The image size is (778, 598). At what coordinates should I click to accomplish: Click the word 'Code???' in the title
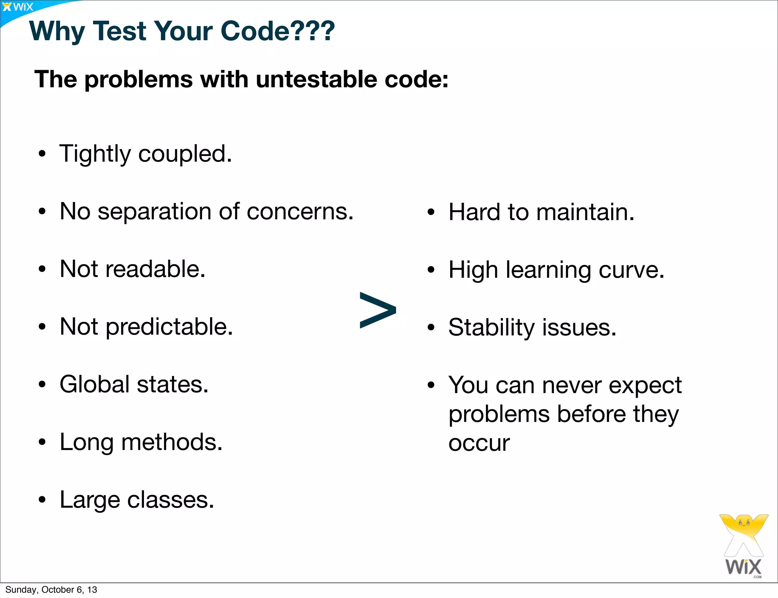pos(278,31)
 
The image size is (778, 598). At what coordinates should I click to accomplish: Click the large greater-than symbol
pos(378,310)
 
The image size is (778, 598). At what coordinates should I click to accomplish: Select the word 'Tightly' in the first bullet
pos(95,154)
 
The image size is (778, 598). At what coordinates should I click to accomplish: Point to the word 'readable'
pos(155,269)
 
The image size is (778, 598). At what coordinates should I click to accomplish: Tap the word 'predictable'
pos(169,327)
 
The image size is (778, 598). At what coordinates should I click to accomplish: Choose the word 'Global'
pos(95,384)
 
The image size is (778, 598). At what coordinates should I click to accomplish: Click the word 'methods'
pos(172,442)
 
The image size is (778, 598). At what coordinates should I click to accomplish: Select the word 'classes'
pos(171,500)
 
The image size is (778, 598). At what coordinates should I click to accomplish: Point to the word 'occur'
pos(479,443)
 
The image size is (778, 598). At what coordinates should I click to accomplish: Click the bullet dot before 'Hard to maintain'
pos(430,212)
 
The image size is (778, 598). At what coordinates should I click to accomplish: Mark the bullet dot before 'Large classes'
pos(42,500)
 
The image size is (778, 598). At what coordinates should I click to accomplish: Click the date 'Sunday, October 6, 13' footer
pos(51,590)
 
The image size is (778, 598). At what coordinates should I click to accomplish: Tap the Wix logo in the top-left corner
pos(18,7)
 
